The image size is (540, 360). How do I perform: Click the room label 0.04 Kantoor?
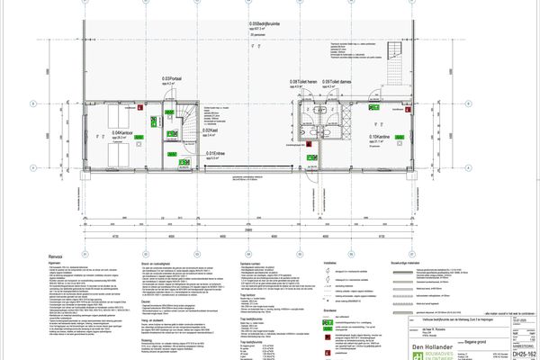[120, 133]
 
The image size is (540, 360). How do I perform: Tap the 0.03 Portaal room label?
[171, 79]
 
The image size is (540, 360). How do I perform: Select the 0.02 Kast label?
[207, 130]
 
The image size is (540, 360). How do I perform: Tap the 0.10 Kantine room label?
[381, 138]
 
